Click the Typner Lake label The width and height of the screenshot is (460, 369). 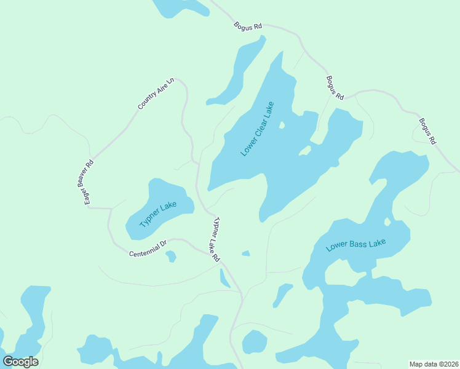158,215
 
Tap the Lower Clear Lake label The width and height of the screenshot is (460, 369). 257,129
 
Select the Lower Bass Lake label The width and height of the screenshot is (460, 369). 356,244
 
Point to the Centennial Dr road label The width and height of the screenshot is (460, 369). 148,249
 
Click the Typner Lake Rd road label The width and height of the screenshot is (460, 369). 215,240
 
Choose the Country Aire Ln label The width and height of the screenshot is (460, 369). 156,93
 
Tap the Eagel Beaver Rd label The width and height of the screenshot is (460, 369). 89,182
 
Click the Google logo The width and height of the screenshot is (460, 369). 20,362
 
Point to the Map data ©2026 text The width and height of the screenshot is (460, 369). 434,364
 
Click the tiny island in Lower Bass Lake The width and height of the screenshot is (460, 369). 387,221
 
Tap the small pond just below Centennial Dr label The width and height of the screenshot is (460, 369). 171,256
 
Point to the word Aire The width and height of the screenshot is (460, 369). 161,90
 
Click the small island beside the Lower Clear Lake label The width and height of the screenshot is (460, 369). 282,125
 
